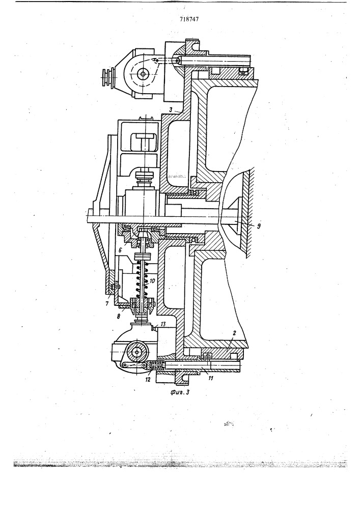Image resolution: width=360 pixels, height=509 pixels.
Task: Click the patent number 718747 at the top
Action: pyautogui.click(x=189, y=19)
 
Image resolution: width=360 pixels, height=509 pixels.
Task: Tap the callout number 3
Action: pyautogui.click(x=171, y=110)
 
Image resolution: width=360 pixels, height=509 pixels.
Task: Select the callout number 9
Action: pyautogui.click(x=258, y=227)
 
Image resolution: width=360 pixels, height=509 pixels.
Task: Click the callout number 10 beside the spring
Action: pyautogui.click(x=152, y=280)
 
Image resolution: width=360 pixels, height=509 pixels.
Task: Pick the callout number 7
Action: pyautogui.click(x=107, y=303)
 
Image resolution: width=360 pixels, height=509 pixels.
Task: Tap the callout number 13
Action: pyautogui.click(x=163, y=324)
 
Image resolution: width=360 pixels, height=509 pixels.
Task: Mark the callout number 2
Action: pyautogui.click(x=233, y=333)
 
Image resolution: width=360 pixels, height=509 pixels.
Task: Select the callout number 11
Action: pyautogui.click(x=210, y=378)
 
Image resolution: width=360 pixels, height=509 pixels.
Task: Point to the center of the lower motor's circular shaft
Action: pyautogui.click(x=137, y=352)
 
